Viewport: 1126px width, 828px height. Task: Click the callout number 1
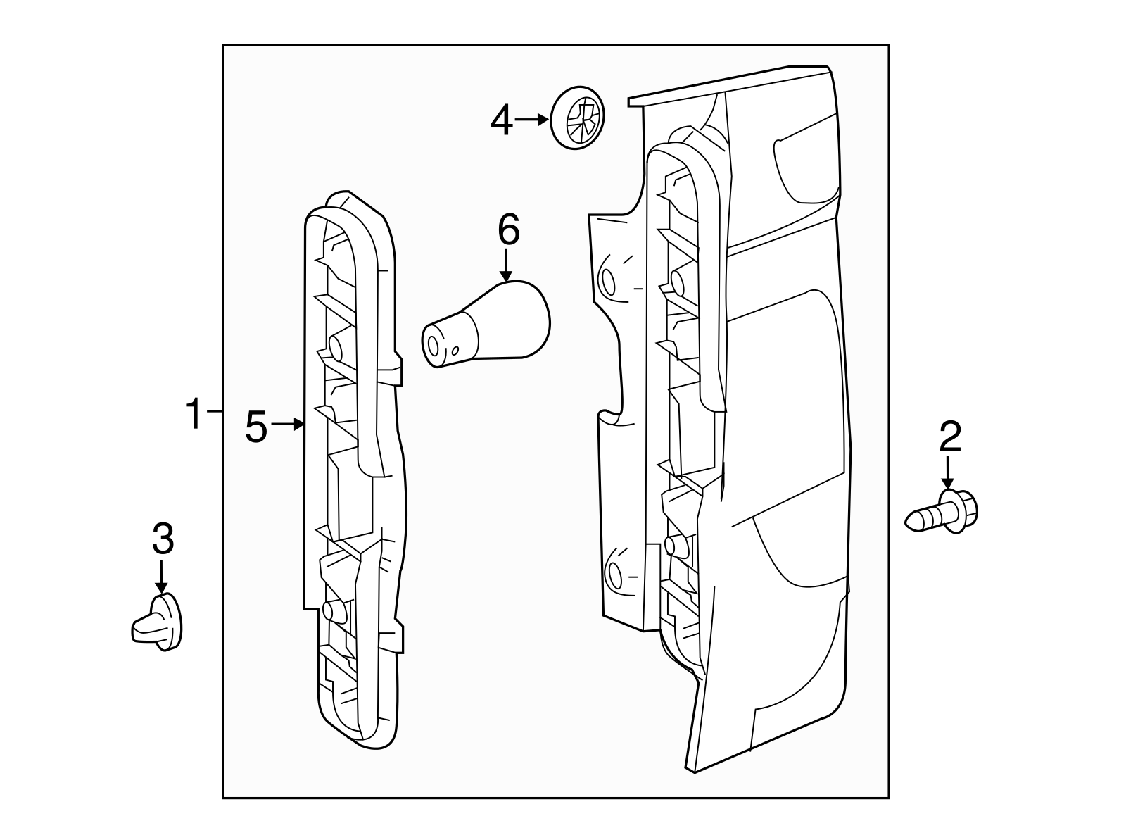coord(194,414)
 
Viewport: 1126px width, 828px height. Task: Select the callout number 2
coord(949,438)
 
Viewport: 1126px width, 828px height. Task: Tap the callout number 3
coord(163,540)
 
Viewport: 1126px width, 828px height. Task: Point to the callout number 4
coord(502,122)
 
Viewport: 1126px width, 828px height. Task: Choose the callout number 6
coord(508,230)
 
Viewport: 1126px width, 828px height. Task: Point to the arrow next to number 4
coord(533,120)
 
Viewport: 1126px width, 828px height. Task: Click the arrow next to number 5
coord(288,424)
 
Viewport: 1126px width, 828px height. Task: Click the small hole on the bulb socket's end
coord(455,350)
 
